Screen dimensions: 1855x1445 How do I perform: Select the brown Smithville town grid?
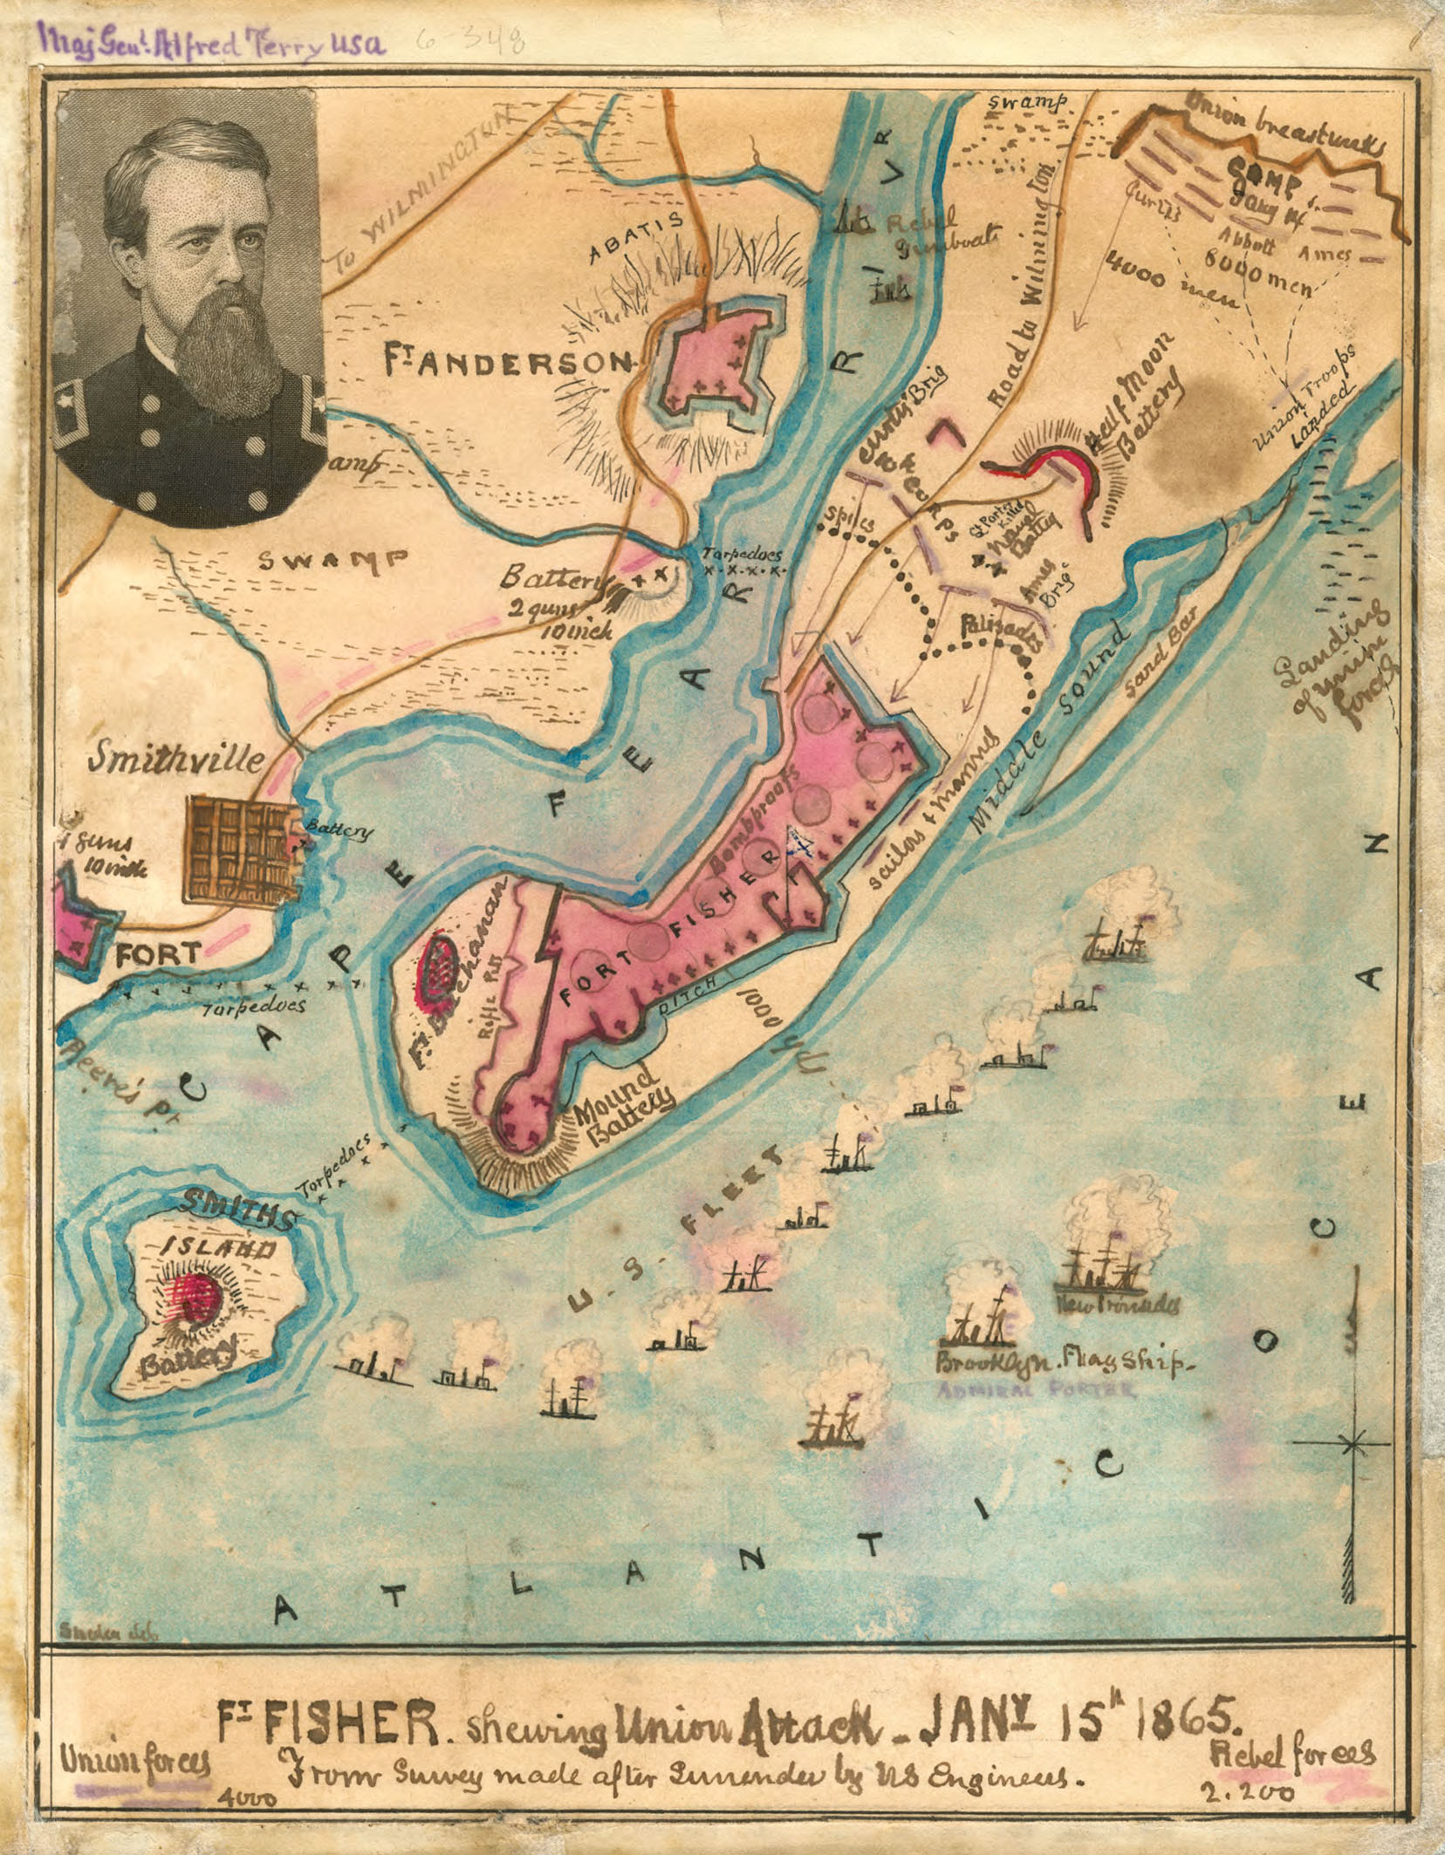[x=240, y=850]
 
